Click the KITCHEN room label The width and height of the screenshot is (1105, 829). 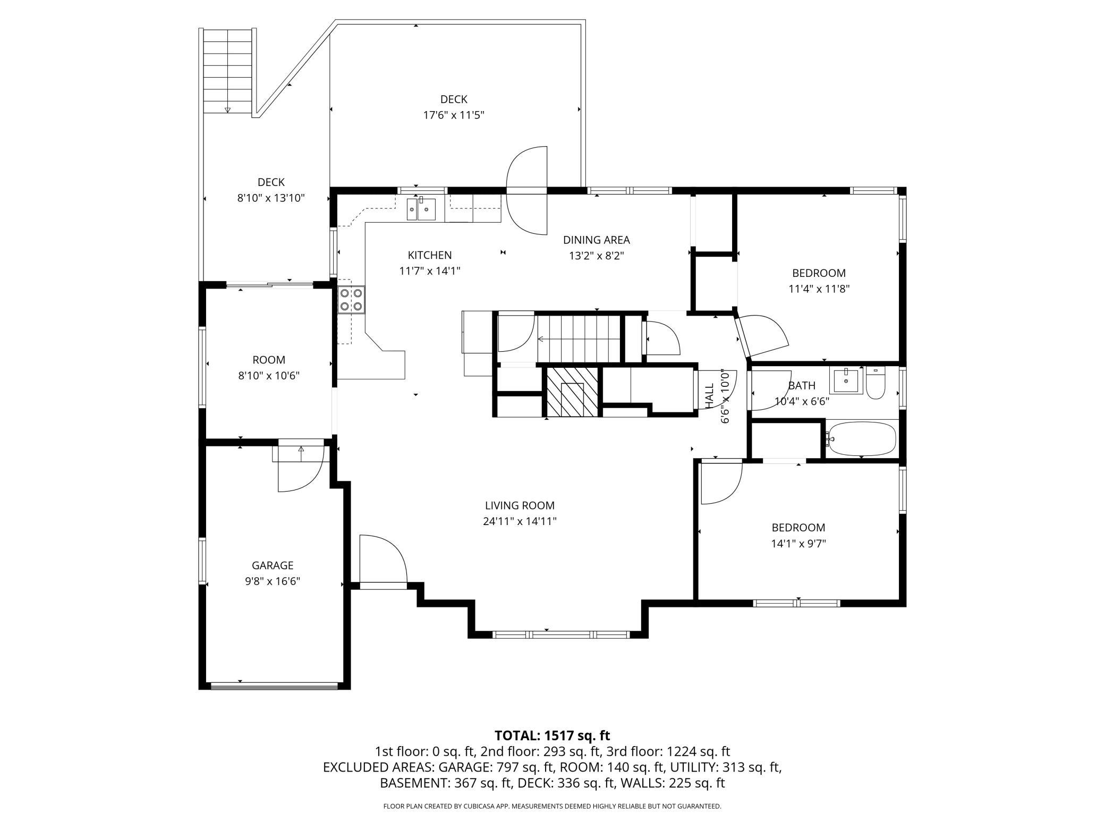point(430,255)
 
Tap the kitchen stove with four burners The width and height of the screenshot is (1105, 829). point(351,299)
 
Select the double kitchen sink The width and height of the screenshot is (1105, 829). point(421,209)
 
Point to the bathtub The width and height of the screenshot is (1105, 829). point(861,438)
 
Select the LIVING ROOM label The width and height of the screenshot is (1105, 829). point(520,505)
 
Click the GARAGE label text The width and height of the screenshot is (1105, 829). point(273,565)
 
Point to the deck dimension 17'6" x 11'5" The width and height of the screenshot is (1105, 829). point(454,115)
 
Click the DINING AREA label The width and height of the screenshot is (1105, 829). point(597,240)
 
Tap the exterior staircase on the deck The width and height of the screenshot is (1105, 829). point(227,71)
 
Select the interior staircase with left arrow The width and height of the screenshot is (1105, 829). point(579,338)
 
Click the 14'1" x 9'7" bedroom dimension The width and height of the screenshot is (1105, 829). point(798,544)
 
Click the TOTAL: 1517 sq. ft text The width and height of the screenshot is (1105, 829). point(552,735)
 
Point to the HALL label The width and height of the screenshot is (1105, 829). point(710,396)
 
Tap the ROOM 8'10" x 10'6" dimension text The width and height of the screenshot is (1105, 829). point(269,376)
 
